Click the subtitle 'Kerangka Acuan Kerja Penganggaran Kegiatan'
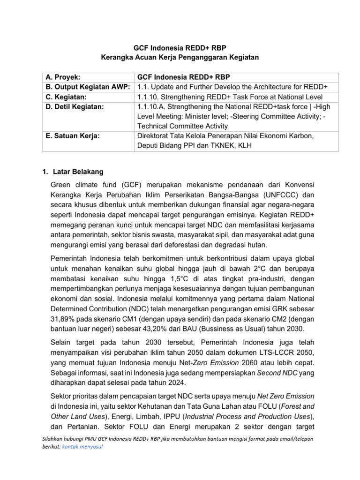pos(180,57)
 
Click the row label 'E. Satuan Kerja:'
pos(71,136)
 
